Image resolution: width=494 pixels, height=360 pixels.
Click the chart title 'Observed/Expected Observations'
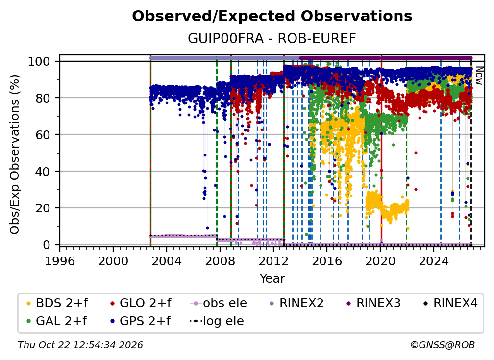pyautogui.click(x=272, y=16)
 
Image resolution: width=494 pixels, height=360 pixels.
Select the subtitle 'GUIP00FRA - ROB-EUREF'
pyautogui.click(x=272, y=38)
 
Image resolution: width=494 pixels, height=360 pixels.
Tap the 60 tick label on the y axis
pyautogui.click(x=43, y=134)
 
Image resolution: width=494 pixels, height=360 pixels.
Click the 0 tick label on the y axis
pyautogui.click(x=47, y=245)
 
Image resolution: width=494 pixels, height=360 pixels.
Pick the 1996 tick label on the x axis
pyautogui.click(x=60, y=261)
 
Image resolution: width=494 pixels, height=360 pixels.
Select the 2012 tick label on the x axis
pyautogui.click(x=273, y=261)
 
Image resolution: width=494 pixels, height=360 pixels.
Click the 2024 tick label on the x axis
pyautogui.click(x=434, y=261)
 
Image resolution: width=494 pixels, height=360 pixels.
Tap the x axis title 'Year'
pyautogui.click(x=272, y=279)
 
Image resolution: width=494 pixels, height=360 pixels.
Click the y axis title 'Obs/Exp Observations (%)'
pyautogui.click(x=15, y=154)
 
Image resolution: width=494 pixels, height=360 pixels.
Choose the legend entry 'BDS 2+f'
pyautogui.click(x=57, y=303)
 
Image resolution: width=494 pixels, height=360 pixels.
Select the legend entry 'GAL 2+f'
pyautogui.click(x=56, y=321)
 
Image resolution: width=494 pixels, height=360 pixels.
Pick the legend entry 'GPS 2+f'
pyautogui.click(x=140, y=321)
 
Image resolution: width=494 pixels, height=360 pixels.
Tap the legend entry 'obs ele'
pyautogui.click(x=219, y=303)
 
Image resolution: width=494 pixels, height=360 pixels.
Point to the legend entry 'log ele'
pyautogui.click(x=217, y=321)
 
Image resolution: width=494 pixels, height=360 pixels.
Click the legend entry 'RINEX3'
pyautogui.click(x=373, y=303)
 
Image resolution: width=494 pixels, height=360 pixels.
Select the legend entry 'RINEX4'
pyautogui.click(x=450, y=303)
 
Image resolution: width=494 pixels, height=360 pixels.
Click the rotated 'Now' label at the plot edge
pyautogui.click(x=479, y=76)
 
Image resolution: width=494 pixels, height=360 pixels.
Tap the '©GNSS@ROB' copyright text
pyautogui.click(x=443, y=345)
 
